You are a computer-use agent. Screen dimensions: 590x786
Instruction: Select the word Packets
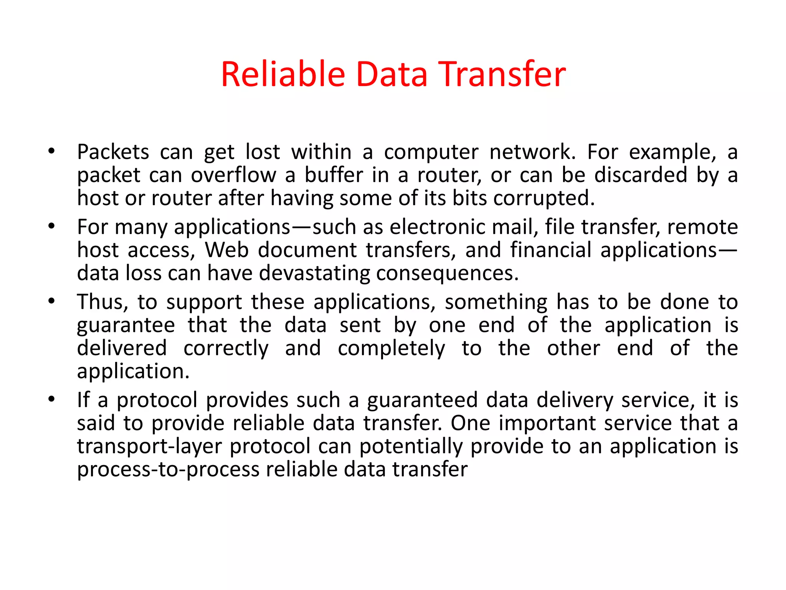113,152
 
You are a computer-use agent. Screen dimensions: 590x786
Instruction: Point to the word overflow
233,175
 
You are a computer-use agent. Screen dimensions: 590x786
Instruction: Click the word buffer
334,175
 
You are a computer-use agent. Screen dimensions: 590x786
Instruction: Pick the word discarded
641,175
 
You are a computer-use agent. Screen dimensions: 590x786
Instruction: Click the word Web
227,250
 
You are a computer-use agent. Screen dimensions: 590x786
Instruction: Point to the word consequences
447,274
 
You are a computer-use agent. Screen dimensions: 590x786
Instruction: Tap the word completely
391,349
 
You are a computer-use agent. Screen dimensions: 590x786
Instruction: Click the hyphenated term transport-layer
149,447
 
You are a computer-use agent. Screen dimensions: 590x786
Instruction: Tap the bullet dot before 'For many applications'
52,226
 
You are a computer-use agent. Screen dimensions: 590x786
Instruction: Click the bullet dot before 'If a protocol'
52,399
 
